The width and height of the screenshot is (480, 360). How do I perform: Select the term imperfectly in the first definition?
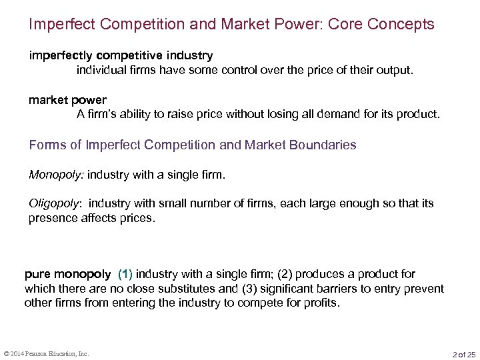click(55, 55)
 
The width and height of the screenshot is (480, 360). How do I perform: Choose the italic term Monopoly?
click(51, 176)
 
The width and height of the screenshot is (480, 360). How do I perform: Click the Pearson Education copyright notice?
click(46, 353)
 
